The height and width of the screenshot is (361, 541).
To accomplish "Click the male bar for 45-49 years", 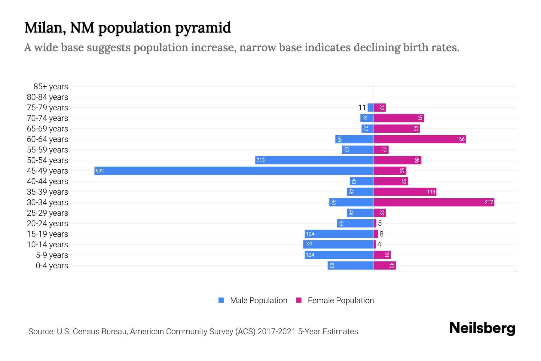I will [234, 171].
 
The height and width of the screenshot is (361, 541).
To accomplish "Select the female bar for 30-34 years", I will [434, 202].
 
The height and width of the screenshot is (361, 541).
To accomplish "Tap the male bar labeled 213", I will [314, 160].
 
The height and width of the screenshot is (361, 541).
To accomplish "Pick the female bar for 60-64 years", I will [420, 139].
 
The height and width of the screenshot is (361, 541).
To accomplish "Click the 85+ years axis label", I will [50, 87].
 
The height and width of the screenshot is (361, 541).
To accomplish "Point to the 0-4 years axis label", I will [52, 266].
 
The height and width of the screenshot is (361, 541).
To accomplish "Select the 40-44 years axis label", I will [47, 181].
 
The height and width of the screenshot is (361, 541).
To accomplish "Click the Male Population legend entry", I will [253, 300].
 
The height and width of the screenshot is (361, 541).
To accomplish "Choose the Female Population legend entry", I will [335, 300].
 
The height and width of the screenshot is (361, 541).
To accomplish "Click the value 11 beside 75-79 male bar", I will [362, 108].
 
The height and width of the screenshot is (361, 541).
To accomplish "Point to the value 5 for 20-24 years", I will [380, 223].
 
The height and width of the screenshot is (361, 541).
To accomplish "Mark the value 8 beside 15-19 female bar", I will [381, 234].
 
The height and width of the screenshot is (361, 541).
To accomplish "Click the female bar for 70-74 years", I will [399, 118].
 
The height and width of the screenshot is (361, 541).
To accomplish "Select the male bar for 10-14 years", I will [338, 244].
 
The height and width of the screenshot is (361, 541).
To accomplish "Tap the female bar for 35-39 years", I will [405, 192].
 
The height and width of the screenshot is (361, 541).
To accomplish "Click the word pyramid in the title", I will [203, 28].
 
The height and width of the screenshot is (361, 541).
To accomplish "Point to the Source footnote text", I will [193, 331].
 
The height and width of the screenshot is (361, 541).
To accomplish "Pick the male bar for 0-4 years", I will [350, 265].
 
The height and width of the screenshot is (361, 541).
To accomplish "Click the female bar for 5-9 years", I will [382, 255].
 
